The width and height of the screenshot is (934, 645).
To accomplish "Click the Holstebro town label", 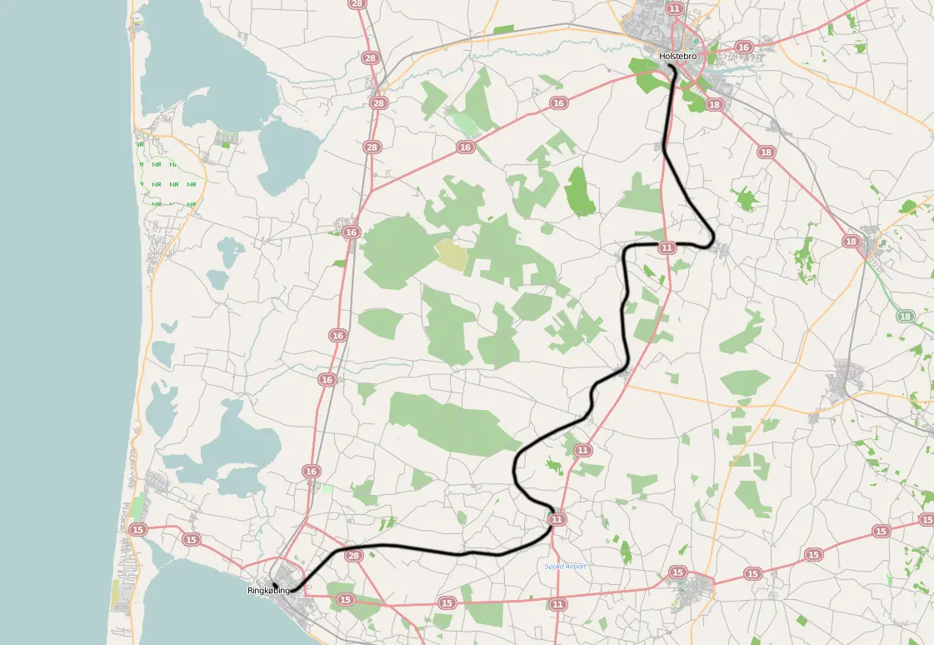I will (x=677, y=57).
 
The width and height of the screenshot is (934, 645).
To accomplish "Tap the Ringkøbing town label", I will (x=268, y=591).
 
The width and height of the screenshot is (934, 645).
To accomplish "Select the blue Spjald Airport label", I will (x=565, y=567).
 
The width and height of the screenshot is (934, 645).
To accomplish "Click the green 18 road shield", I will (x=907, y=316).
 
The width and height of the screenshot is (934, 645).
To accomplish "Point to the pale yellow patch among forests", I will (x=452, y=254).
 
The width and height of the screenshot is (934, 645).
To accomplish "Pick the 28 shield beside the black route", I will (x=353, y=556).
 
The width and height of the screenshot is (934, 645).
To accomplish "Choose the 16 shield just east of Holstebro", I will (x=743, y=47).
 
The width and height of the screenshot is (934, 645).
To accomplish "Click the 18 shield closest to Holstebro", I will (x=713, y=104).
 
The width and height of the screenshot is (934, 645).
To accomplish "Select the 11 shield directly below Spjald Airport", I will (x=557, y=603).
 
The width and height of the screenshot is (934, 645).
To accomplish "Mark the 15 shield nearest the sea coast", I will (x=138, y=529).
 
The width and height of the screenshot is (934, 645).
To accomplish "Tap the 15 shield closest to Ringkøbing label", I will (x=345, y=599).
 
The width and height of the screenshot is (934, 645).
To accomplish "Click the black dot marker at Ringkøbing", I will (x=274, y=584).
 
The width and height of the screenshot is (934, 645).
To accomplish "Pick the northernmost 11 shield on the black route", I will (x=667, y=247).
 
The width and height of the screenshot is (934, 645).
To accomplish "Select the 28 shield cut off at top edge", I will (x=358, y=4).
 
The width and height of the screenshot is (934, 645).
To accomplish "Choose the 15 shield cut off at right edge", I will (x=927, y=519).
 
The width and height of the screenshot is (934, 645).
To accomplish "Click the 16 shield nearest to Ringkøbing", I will (x=312, y=472).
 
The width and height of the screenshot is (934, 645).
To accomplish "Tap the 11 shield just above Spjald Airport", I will (x=557, y=519).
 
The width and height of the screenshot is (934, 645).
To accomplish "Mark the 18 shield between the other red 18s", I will (x=767, y=152).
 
